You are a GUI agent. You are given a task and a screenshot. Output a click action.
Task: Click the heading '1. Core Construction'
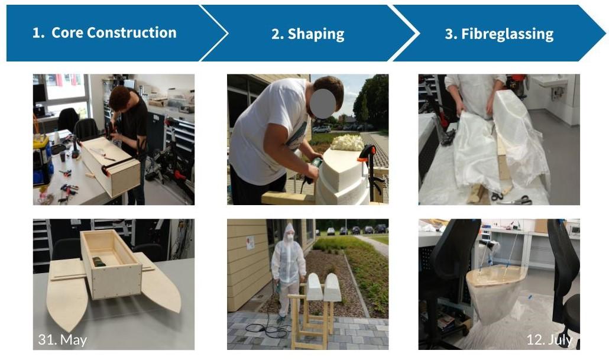[x=104, y=33]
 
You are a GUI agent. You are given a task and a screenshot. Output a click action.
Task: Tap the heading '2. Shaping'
[x=307, y=34]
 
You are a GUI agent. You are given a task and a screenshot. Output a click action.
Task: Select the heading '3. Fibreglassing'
[x=499, y=34]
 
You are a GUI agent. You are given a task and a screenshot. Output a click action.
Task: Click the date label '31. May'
[x=63, y=340]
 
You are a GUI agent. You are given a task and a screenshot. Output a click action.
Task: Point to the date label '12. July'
[x=549, y=340]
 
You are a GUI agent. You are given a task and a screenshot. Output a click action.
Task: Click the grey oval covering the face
[x=323, y=103]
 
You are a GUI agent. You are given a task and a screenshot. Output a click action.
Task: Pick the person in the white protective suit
[x=288, y=268]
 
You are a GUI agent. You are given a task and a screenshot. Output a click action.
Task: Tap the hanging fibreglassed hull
[x=495, y=294]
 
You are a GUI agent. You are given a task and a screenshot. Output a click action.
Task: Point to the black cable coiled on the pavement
[x=268, y=330]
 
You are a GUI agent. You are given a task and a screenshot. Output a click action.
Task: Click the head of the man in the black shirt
[x=120, y=98]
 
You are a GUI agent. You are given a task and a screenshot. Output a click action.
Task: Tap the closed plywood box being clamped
[x=111, y=166]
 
